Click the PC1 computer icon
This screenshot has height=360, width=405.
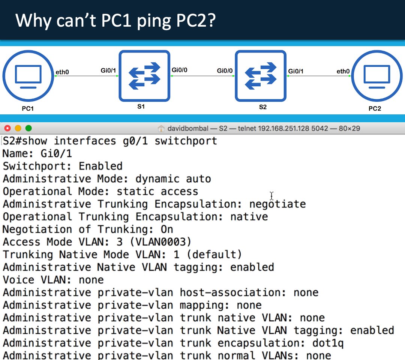coord(28,76)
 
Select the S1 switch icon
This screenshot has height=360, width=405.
coord(144,76)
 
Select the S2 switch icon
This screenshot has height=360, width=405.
coord(261,76)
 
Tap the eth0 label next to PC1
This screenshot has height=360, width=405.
coord(62,72)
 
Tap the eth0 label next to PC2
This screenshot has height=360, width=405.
coord(343,71)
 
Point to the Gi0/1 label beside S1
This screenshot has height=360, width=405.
coord(108,70)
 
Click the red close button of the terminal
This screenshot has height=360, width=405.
coord(7,128)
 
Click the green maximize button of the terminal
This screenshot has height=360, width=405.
coord(28,128)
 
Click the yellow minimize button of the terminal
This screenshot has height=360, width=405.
coord(18,128)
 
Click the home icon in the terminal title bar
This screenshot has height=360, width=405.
coord(161,129)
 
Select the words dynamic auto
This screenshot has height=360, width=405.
coord(173,179)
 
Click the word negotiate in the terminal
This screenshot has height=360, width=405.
coord(277,204)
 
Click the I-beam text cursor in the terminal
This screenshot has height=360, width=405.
coord(272,196)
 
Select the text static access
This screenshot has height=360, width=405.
coord(157,192)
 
